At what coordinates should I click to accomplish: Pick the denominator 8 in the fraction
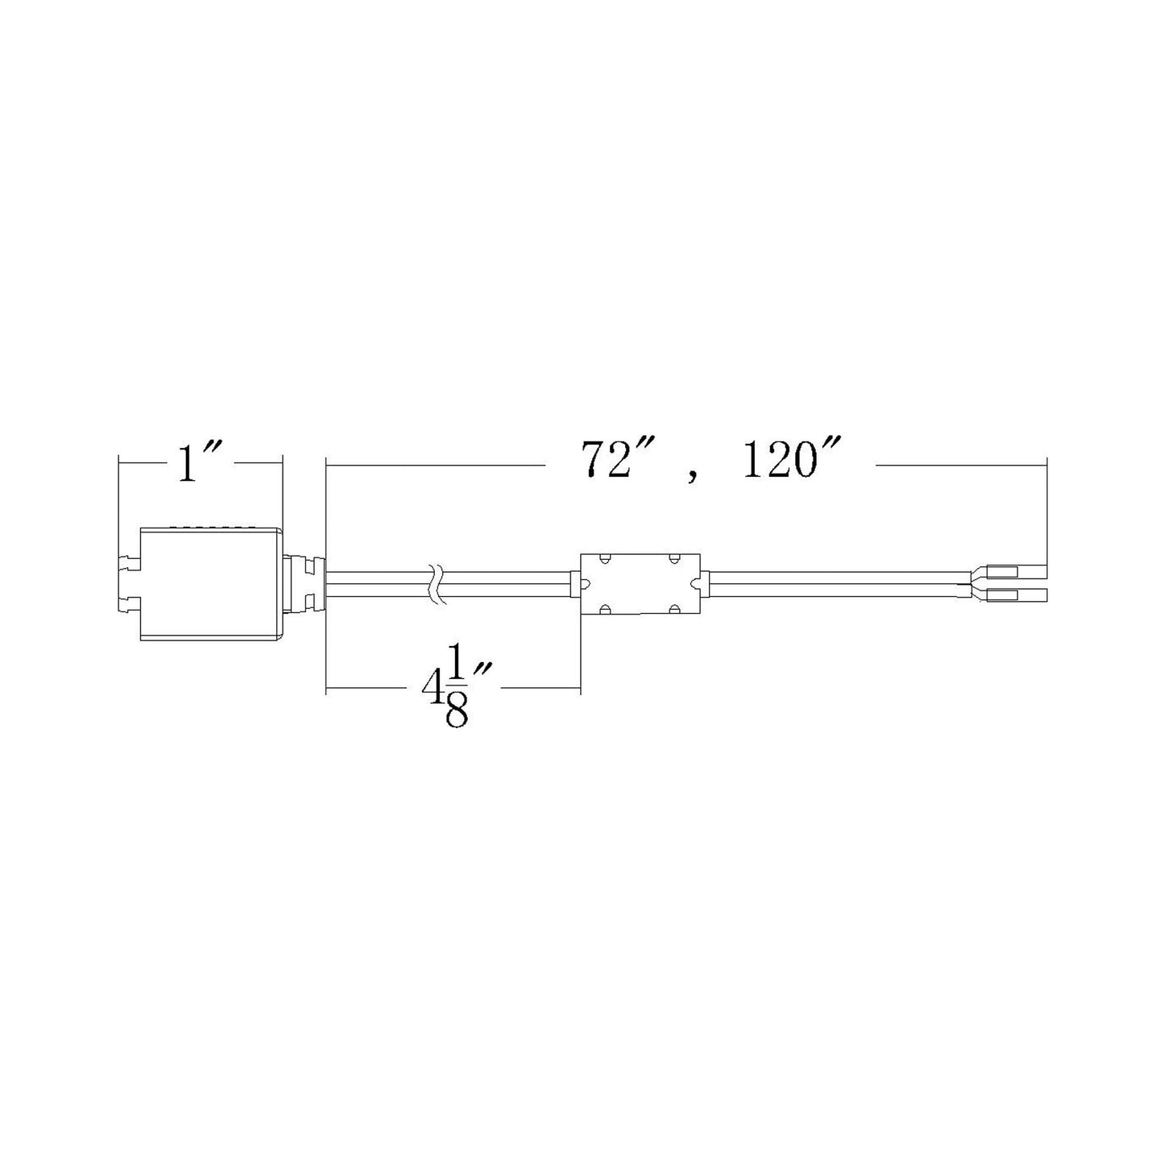456,713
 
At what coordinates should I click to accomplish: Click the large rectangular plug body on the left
211,583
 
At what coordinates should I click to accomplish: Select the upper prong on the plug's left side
129,564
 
